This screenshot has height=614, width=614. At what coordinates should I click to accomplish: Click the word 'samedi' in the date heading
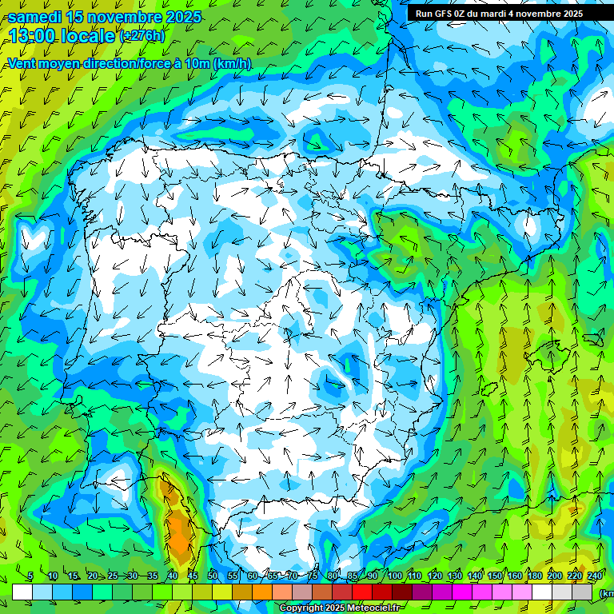[x=34, y=17]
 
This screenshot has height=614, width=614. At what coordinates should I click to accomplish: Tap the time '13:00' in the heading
[x=34, y=36]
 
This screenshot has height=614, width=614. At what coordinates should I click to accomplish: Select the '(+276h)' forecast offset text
[x=142, y=36]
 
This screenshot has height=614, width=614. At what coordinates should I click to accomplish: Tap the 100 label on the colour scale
[x=395, y=576]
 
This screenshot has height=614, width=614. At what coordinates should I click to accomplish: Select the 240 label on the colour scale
[x=595, y=576]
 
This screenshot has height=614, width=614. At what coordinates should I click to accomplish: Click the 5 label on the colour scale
[x=30, y=576]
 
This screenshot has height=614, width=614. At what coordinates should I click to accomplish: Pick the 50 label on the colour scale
[x=213, y=576]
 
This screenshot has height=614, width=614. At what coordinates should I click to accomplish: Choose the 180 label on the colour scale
[x=535, y=576]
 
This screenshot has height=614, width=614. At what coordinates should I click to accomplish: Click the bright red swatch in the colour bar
[x=362, y=592]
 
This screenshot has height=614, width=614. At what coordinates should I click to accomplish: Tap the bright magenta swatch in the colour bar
[x=462, y=592]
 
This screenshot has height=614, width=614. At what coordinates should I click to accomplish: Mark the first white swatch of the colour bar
[x=22, y=592]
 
